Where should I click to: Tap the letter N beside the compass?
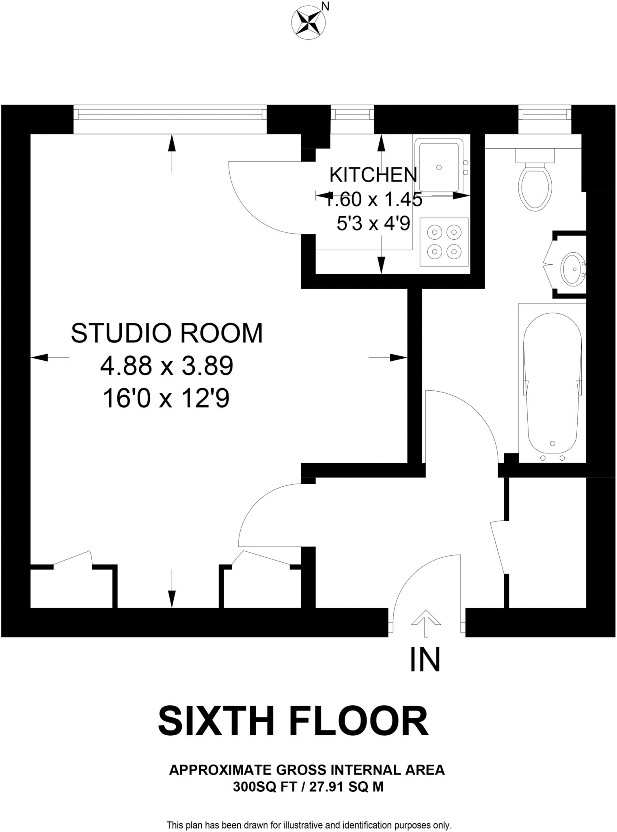click(325, 6)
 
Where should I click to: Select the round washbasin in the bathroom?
click(573, 269)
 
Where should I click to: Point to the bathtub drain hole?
click(552, 443)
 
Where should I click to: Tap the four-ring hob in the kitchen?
click(444, 242)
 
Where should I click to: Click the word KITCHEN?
click(373, 175)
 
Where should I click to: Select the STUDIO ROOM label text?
click(167, 333)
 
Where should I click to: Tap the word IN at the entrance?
click(425, 660)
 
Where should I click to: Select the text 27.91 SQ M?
click(346, 787)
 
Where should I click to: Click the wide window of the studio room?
click(170, 114)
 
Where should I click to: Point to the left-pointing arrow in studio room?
click(41, 357)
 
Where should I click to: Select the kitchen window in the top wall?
click(352, 114)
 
